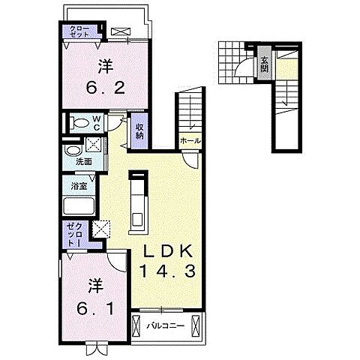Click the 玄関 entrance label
click(264, 64)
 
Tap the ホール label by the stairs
click(190, 141)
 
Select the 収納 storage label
click(139, 131)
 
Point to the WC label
click(97, 122)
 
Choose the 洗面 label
click(84, 162)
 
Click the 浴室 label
click(79, 186)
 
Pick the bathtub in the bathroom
click(79, 205)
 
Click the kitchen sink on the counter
click(137, 219)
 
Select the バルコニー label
click(166, 325)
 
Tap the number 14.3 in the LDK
click(167, 271)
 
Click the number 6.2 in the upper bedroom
click(105, 88)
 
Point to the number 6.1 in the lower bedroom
click(95, 308)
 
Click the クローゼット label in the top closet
click(79, 31)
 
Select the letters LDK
click(168, 250)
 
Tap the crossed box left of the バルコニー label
click(136, 325)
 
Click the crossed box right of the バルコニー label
click(196, 325)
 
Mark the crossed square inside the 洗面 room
click(93, 144)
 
